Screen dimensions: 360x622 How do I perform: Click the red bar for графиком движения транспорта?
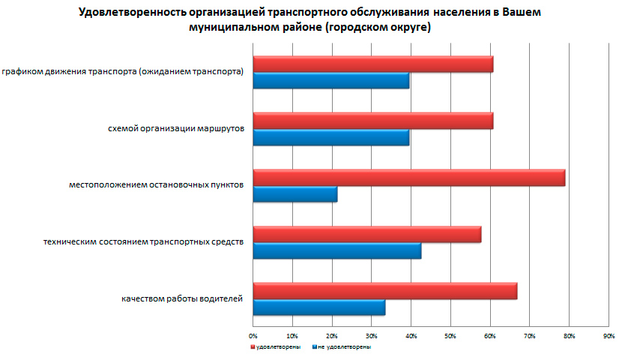(x=372, y=64)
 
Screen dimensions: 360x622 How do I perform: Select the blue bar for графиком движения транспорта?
(x=330, y=81)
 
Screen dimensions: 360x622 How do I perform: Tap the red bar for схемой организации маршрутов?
(x=372, y=121)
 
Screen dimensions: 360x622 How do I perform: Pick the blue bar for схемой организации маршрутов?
(x=330, y=137)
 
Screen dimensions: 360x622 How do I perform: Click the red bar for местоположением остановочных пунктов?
(x=408, y=178)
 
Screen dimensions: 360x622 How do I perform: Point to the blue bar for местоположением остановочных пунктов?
(x=295, y=194)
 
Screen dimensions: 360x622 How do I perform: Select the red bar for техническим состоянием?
(x=366, y=234)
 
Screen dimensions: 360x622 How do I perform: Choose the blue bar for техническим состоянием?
(x=336, y=250)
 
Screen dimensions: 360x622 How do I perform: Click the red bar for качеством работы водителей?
(x=384, y=291)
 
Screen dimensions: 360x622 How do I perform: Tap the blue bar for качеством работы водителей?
(x=318, y=307)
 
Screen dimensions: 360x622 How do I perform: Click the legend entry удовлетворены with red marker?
(x=278, y=347)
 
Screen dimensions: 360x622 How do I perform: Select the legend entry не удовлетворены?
(x=345, y=347)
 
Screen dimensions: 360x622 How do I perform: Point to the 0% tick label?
(x=253, y=334)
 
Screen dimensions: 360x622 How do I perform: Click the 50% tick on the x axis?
(x=450, y=334)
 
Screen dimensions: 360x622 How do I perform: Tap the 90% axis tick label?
(x=609, y=334)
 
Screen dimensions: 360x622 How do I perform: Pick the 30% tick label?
(x=372, y=334)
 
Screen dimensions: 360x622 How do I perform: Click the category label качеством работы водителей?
(x=182, y=299)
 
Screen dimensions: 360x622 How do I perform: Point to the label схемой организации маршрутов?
(x=176, y=129)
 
